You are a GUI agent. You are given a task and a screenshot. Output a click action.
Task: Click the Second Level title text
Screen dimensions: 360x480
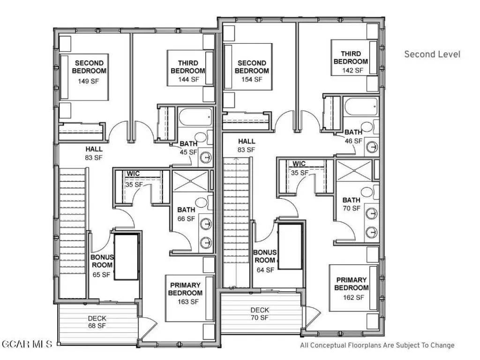tap(432, 54)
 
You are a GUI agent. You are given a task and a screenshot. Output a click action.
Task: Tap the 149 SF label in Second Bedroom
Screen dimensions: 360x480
tap(89, 80)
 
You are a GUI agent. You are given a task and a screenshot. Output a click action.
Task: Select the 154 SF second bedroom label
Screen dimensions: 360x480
tap(252, 80)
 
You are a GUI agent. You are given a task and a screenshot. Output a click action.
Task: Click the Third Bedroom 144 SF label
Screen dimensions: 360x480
tap(188, 80)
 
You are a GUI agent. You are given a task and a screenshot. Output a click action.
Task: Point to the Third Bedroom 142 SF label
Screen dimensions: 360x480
tap(352, 70)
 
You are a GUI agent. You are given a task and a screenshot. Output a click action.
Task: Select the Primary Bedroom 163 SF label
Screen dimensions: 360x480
tap(185, 301)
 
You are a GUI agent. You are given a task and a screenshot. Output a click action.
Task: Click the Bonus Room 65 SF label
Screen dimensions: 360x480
tap(102, 275)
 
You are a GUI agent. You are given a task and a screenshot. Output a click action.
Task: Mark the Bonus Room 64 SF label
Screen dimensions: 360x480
tap(265, 270)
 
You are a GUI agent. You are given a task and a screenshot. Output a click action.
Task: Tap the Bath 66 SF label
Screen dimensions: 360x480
tap(186, 218)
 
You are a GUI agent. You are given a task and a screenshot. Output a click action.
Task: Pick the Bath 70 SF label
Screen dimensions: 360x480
tap(352, 208)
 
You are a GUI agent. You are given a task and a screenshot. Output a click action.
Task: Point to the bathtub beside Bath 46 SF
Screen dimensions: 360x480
tap(360, 107)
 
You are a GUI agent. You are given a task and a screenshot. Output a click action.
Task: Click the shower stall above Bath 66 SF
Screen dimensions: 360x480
tap(190, 180)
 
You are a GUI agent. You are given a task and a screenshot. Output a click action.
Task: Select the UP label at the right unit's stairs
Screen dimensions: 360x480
tap(232, 287)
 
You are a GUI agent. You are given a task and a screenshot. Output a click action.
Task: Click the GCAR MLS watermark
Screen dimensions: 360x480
tap(28, 345)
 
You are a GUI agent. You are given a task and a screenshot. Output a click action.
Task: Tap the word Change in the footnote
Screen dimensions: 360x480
tap(442, 345)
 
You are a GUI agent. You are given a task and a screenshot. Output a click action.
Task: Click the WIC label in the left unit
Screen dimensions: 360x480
tap(133, 174)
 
